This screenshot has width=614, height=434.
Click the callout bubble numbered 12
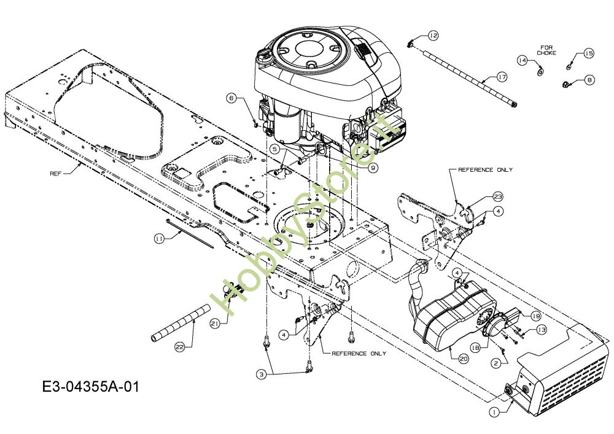(x=433, y=36)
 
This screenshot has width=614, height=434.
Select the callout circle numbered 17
(x=502, y=77)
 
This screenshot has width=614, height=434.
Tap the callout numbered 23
(x=497, y=197)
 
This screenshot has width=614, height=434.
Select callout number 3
(x=262, y=374)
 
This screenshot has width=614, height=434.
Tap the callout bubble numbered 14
(x=522, y=60)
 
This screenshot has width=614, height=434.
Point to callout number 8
(x=589, y=79)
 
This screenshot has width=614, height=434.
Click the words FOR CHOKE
(x=546, y=50)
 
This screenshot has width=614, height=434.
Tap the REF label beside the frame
(x=56, y=174)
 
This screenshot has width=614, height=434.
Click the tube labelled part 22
(x=175, y=326)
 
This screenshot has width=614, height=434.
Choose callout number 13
(x=541, y=330)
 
